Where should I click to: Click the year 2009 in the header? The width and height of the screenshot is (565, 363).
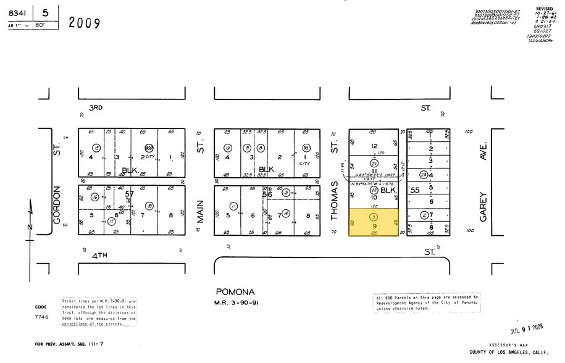tap(84, 23)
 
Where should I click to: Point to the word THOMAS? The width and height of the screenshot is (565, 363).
tap(335, 200)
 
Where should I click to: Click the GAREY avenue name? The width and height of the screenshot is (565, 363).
tap(483, 207)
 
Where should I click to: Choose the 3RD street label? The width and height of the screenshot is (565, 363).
tap(95, 107)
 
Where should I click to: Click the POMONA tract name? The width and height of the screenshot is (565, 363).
tap(235, 292)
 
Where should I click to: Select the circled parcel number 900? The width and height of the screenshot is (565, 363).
tap(149, 148)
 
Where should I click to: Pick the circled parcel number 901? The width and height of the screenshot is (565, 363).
tap(306, 148)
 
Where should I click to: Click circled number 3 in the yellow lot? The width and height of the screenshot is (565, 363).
tap(374, 217)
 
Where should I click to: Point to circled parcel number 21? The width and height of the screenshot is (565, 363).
tap(374, 163)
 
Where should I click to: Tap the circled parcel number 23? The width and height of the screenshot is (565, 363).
tap(424, 175)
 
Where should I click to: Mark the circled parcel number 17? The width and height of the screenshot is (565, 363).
tap(112, 221)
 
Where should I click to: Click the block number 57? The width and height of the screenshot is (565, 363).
tap(129, 194)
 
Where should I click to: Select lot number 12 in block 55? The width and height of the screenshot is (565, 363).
tap(374, 146)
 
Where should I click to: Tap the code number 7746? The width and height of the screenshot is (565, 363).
tap(41, 315)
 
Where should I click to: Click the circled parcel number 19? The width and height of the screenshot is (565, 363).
tap(228, 148)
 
